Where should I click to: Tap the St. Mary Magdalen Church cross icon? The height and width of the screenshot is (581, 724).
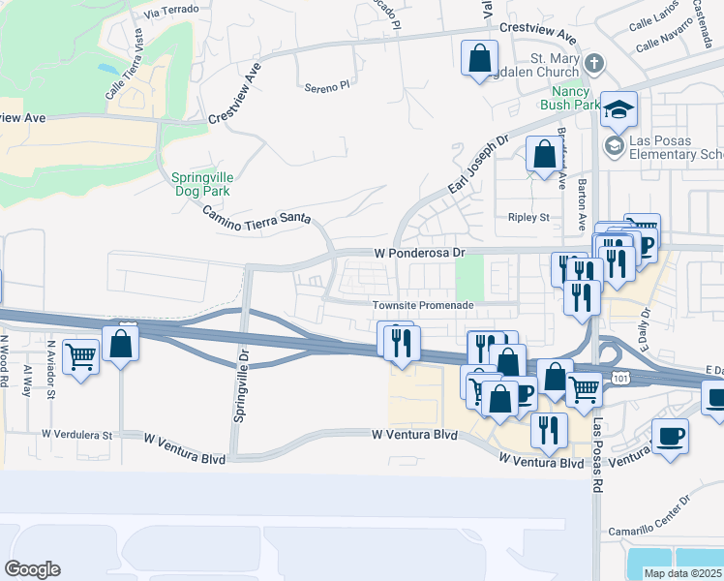(x=594, y=64)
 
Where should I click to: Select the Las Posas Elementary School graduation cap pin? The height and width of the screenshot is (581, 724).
(x=618, y=110)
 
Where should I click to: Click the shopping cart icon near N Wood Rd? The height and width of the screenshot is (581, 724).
(x=81, y=357)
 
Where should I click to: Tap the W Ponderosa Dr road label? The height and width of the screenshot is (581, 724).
(x=420, y=253)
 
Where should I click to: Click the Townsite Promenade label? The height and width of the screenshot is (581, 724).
(x=424, y=305)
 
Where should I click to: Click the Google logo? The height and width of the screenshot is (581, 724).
(x=32, y=569)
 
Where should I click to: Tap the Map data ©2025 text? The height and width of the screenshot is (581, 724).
(x=683, y=573)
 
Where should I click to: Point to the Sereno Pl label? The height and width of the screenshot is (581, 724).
(x=324, y=86)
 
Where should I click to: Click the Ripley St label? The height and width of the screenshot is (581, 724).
(x=528, y=218)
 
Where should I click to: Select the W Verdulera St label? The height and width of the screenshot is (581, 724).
(x=78, y=435)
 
